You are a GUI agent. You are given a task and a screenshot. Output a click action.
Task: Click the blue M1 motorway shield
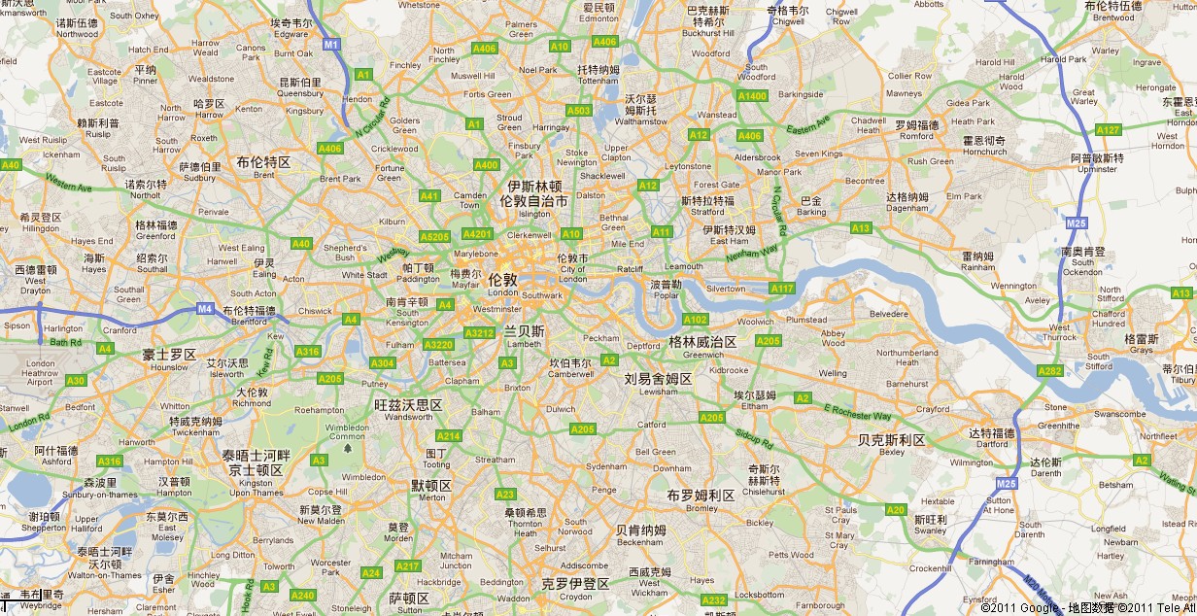(x=331, y=45)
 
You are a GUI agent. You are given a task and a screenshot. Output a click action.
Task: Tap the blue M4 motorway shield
(x=205, y=309)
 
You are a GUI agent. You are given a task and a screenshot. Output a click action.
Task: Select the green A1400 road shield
(x=752, y=96)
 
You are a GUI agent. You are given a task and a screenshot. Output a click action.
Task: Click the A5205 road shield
(x=434, y=236)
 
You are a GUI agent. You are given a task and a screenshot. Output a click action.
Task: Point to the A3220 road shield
(x=439, y=344)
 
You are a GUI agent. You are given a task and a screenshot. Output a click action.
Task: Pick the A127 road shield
(x=1108, y=130)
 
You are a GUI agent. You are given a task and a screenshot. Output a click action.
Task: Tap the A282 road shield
(x=1049, y=371)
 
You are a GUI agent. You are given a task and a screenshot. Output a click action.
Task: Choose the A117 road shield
(x=781, y=289)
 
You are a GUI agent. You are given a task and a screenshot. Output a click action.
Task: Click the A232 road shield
(x=714, y=599)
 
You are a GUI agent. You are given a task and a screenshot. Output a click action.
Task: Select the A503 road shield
(x=578, y=111)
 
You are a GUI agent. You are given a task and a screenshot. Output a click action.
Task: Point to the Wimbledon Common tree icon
(x=347, y=448)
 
